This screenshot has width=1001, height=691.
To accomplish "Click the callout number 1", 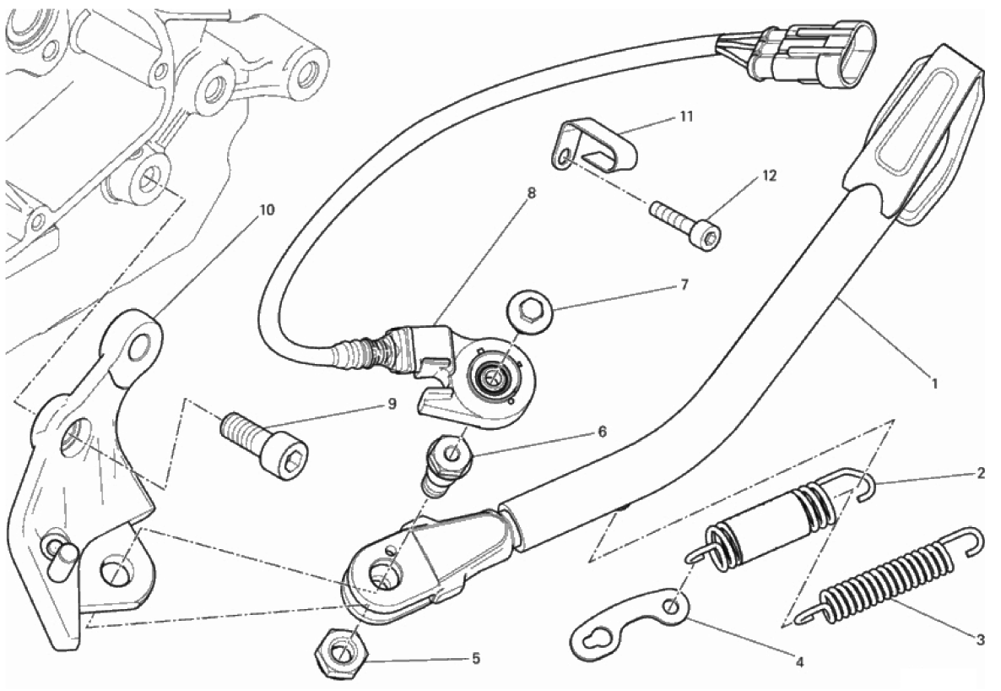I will (x=933, y=383).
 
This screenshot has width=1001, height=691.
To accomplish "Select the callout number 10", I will (x=267, y=210).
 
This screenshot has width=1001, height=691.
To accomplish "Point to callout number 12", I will (x=768, y=177).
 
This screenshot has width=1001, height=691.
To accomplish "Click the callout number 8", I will (x=531, y=193).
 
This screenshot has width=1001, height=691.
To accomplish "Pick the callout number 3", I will (x=979, y=640).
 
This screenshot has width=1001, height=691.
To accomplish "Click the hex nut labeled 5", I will (x=339, y=652).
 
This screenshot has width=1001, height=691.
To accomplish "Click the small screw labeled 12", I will (x=685, y=221).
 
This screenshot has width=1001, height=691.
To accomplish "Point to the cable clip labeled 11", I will (x=596, y=143).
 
